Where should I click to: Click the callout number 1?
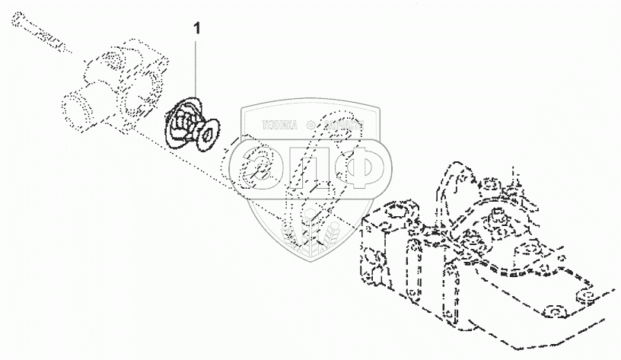[x=198, y=28]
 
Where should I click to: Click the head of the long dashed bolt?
[x=18, y=28]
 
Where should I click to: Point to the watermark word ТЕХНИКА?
[x=280, y=124]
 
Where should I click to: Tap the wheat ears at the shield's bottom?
[x=312, y=225]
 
